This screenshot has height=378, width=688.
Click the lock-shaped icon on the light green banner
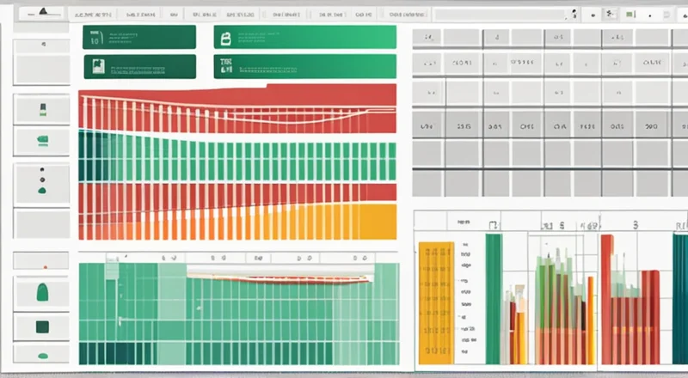pos(226,37)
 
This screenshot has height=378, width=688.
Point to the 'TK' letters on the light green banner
pos(226,63)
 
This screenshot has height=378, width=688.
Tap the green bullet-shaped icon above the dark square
pos(40,293)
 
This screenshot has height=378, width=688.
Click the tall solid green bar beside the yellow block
pos(493,296)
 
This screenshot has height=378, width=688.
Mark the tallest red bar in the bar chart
pos(606,296)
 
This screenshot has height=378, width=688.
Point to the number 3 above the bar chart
pos(636,225)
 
